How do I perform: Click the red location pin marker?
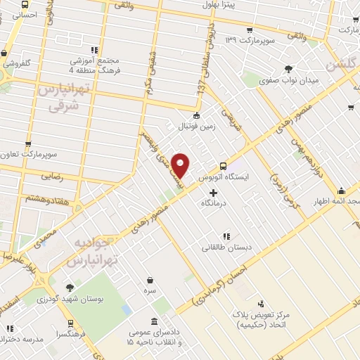(x=181, y=165)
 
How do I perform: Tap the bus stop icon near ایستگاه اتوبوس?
(x=223, y=166)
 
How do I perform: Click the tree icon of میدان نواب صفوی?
(x=288, y=69)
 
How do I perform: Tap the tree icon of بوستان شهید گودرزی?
(x=69, y=288)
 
